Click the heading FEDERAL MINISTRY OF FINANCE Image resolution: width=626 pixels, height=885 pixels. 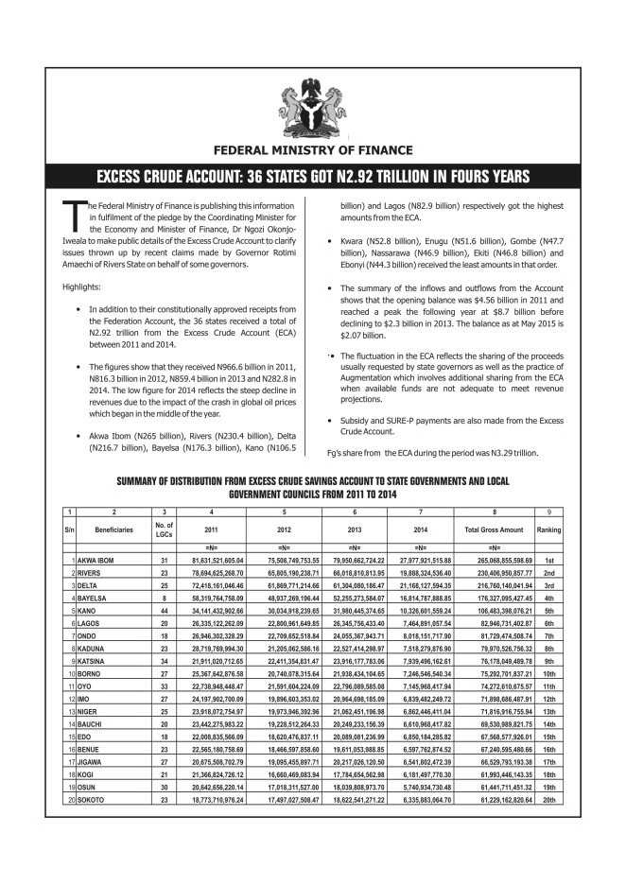[x=313, y=149]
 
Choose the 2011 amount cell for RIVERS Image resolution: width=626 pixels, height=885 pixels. [x=217, y=573]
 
